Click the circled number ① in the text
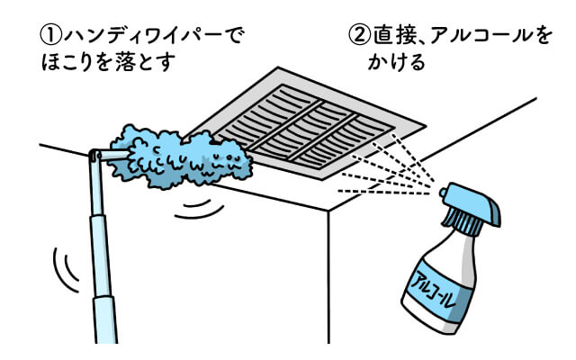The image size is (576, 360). click(47, 36)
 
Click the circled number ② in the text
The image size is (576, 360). click(360, 36)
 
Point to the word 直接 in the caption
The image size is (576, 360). click(393, 36)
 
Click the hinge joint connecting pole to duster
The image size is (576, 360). click(94, 157)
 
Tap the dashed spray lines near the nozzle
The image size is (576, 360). click(387, 171)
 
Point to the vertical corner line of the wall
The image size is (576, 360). click(328, 279)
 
